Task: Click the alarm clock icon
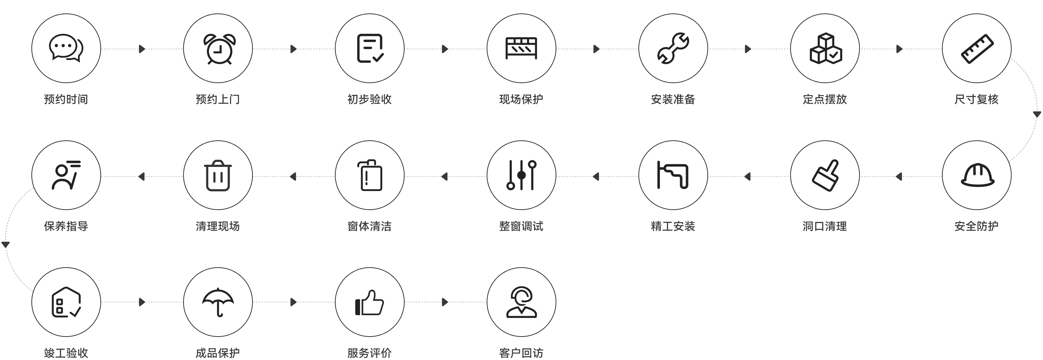coord(219,49)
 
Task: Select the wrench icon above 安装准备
coord(673,48)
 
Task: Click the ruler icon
coord(977,49)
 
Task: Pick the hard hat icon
coord(977,175)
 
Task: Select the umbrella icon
coord(218,302)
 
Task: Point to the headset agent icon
coord(521,302)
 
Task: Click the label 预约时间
coord(66,99)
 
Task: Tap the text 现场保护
coord(521,99)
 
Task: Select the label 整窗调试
coord(521,226)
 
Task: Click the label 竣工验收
coord(66,353)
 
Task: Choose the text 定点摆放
coord(825,99)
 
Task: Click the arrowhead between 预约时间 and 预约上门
coord(142,49)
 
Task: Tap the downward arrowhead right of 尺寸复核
coord(1037,114)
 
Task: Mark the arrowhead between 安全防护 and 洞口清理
coord(899,177)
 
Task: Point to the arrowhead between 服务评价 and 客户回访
coord(445,302)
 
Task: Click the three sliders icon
coord(521,175)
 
